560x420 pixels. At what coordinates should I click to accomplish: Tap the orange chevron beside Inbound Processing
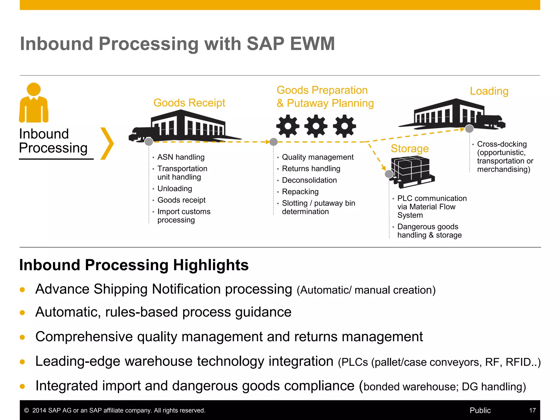[107, 143]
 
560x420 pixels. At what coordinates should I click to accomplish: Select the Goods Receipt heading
[189, 103]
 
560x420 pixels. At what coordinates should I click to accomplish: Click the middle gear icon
[316, 126]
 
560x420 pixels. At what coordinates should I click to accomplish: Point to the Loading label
[489, 91]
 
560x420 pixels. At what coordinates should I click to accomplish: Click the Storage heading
[410, 148]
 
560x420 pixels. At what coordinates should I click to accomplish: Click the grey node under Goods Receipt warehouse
[149, 142]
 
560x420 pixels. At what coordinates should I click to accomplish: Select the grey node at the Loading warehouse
[469, 129]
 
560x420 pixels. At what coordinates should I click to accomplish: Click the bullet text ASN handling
[181, 157]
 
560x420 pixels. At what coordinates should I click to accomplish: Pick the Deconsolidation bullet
[309, 180]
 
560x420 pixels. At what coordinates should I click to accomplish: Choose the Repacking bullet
[300, 192]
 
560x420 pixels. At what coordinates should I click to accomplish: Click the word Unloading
[175, 189]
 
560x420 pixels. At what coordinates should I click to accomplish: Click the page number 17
[532, 410]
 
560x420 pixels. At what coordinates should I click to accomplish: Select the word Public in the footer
[480, 410]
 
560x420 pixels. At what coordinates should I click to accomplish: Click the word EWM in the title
[312, 44]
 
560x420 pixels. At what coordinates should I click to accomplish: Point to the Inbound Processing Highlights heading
[134, 265]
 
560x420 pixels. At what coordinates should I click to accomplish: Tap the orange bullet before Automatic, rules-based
[22, 313]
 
